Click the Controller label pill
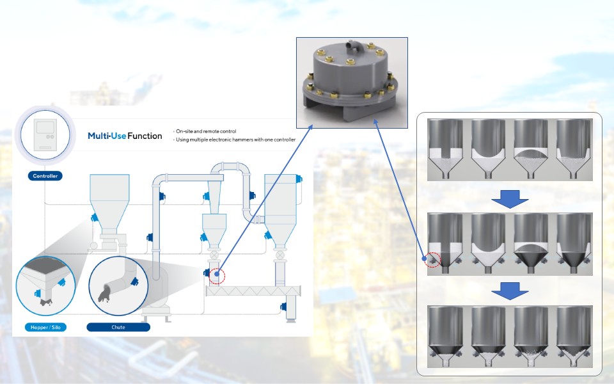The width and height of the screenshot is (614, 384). (x=44, y=176)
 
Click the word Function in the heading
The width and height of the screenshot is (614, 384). (x=145, y=136)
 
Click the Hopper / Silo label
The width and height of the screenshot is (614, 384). (x=45, y=327)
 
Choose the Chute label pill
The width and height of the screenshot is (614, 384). (x=118, y=327)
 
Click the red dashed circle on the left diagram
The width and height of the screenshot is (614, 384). (x=218, y=275)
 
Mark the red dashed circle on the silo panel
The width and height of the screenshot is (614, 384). (x=433, y=260)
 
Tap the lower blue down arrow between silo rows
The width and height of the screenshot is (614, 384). (x=510, y=292)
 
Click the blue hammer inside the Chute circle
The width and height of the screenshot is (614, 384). (x=134, y=282)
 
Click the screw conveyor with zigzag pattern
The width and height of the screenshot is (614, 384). (x=253, y=291)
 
